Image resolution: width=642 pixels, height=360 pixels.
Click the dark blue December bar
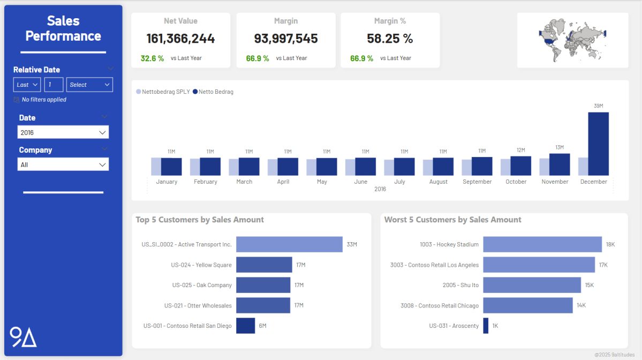click(598, 143)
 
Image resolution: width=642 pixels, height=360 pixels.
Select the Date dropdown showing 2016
click(63, 132)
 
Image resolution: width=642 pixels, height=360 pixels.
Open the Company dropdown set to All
click(63, 164)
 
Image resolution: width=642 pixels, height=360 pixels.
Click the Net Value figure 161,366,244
click(180, 39)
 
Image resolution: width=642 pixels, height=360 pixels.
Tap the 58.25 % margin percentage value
click(390, 39)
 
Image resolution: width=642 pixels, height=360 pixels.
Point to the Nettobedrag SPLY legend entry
click(163, 92)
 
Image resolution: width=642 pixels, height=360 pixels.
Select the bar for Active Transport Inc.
click(289, 244)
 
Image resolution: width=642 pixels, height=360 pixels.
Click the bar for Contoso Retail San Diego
click(245, 326)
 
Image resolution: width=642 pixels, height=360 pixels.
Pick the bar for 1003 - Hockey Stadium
click(542, 244)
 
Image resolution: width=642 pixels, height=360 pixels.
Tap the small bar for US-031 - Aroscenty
click(486, 326)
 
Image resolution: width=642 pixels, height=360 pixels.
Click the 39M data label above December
click(598, 106)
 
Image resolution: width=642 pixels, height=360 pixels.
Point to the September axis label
click(477, 182)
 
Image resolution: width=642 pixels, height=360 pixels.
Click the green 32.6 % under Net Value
click(152, 58)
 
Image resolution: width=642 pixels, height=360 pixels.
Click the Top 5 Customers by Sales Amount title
click(200, 220)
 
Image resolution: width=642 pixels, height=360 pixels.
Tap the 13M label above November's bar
click(560, 147)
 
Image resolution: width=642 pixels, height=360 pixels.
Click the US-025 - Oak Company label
click(201, 285)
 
